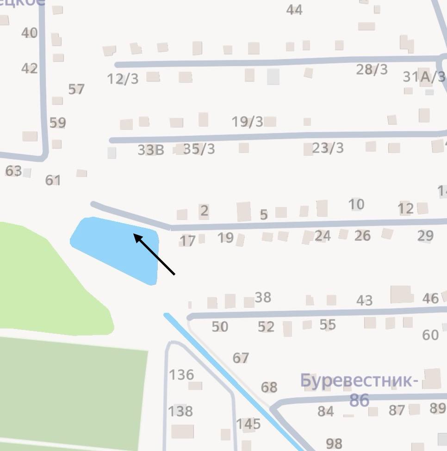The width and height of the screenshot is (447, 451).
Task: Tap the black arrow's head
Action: (x=136, y=236)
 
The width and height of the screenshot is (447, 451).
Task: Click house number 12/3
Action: (x=123, y=79)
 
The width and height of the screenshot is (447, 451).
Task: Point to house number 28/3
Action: (x=372, y=69)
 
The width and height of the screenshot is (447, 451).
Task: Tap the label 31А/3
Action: (x=423, y=77)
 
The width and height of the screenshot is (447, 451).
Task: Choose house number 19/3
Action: (x=247, y=122)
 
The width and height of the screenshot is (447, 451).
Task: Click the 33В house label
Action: (x=150, y=150)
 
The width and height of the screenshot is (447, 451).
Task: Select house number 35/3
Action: (x=199, y=149)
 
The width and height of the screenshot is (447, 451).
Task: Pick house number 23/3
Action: (x=328, y=148)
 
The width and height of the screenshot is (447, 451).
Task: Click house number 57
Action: (x=76, y=89)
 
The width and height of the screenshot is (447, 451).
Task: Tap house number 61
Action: (x=53, y=180)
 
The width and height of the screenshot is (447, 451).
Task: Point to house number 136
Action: (x=181, y=374)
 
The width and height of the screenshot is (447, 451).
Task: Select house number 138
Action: (x=180, y=411)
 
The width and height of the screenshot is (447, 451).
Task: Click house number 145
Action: (x=248, y=424)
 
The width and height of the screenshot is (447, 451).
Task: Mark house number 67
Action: (x=241, y=358)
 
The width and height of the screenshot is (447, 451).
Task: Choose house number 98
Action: (x=334, y=444)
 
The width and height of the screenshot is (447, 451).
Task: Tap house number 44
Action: (x=294, y=10)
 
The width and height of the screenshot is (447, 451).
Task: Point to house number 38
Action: (x=263, y=297)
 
